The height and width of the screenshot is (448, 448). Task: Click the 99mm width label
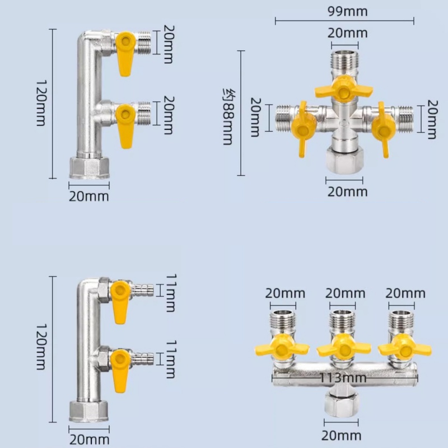pos(347,11)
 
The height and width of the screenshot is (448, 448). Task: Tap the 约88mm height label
pos(229,116)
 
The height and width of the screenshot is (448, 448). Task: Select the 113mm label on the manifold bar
pos(343,377)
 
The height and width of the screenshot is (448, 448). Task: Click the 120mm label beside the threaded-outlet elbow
pos(41,103)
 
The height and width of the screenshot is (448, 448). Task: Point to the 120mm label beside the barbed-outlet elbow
pos(41,347)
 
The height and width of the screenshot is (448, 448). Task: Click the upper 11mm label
pos(171,293)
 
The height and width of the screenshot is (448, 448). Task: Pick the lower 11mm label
pos(171,359)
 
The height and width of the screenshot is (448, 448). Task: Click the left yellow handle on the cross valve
pos(303,129)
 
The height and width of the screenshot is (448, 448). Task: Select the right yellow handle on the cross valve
pos(384,129)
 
